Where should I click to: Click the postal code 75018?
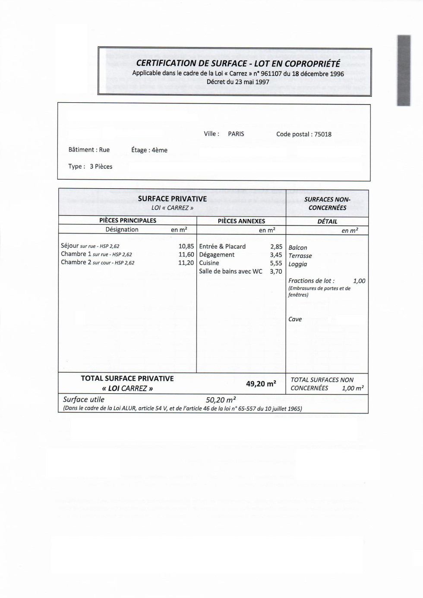coord(323,134)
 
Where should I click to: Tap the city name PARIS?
coord(236,134)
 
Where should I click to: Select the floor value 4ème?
coord(159,150)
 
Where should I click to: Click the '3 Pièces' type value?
coord(101,167)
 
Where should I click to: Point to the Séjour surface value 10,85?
coord(186,246)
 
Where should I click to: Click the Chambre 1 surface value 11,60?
coord(186,254)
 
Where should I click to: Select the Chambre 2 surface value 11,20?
coord(186,263)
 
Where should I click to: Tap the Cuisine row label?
coord(209,263)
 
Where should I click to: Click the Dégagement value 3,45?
coord(276,255)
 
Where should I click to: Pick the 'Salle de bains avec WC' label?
coord(230,271)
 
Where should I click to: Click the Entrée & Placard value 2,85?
coord(276,247)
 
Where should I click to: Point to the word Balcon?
coord(298,247)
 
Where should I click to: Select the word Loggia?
coord(298,264)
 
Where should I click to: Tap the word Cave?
coord(295,320)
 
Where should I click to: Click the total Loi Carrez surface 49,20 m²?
coord(261,383)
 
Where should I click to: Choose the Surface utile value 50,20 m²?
coord(221,400)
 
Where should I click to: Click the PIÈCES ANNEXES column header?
coord(241,221)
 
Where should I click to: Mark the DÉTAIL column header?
coord(327,221)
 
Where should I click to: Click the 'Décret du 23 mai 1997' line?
coord(238,82)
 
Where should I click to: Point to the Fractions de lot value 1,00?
coord(359,281)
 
